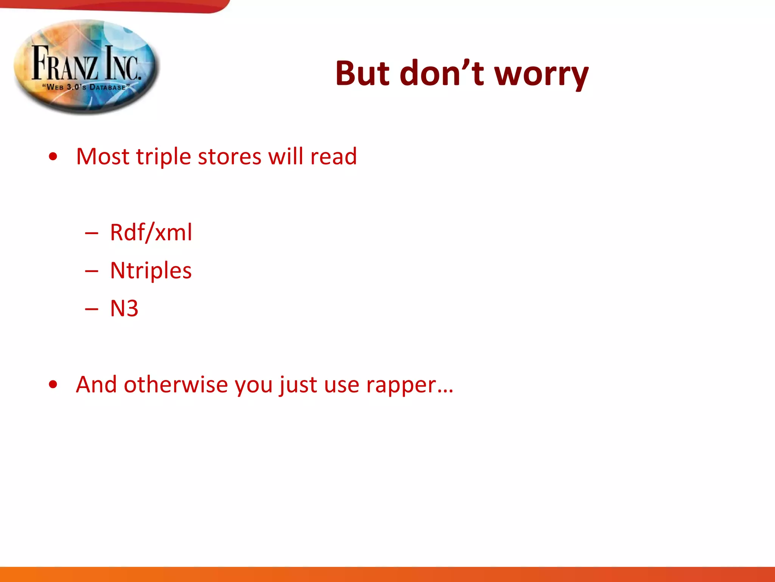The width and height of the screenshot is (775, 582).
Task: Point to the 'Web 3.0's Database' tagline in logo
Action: click(x=86, y=87)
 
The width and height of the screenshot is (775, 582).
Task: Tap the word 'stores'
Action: click(x=229, y=157)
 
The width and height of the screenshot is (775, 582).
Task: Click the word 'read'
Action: click(x=333, y=156)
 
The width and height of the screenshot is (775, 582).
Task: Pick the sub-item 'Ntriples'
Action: click(x=151, y=271)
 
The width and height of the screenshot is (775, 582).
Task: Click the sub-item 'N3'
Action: click(x=124, y=308)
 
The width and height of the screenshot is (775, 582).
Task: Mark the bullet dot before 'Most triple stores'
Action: click(x=53, y=156)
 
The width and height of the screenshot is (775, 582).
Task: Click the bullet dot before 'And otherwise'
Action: click(x=53, y=385)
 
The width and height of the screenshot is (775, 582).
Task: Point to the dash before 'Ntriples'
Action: click(x=92, y=271)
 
